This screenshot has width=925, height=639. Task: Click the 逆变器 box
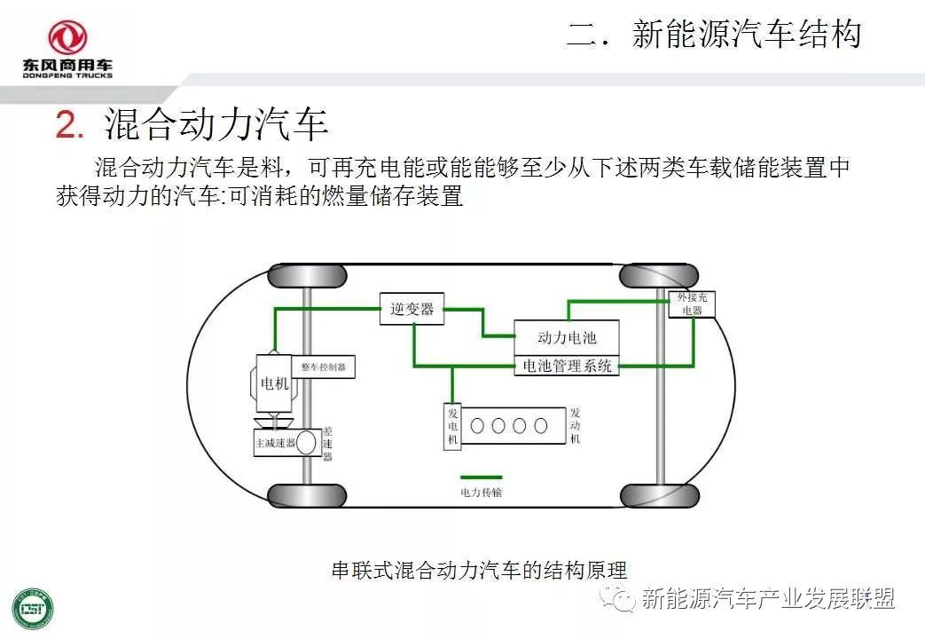click(412, 309)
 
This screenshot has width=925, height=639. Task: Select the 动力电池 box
click(567, 338)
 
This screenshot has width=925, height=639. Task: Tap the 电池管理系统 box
click(567, 366)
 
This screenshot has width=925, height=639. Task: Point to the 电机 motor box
click(274, 383)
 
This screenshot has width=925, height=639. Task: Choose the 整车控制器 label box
click(323, 366)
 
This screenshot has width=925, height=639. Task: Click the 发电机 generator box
click(452, 427)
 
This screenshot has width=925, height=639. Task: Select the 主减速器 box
click(275, 441)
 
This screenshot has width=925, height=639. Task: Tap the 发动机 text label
click(576, 426)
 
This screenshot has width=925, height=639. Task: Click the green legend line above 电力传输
click(481, 477)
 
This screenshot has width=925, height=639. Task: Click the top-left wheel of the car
click(294, 275)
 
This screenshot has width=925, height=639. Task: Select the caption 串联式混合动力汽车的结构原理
click(478, 568)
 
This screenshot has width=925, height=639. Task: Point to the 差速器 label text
click(327, 442)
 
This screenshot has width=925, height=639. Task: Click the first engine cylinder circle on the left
click(478, 425)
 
